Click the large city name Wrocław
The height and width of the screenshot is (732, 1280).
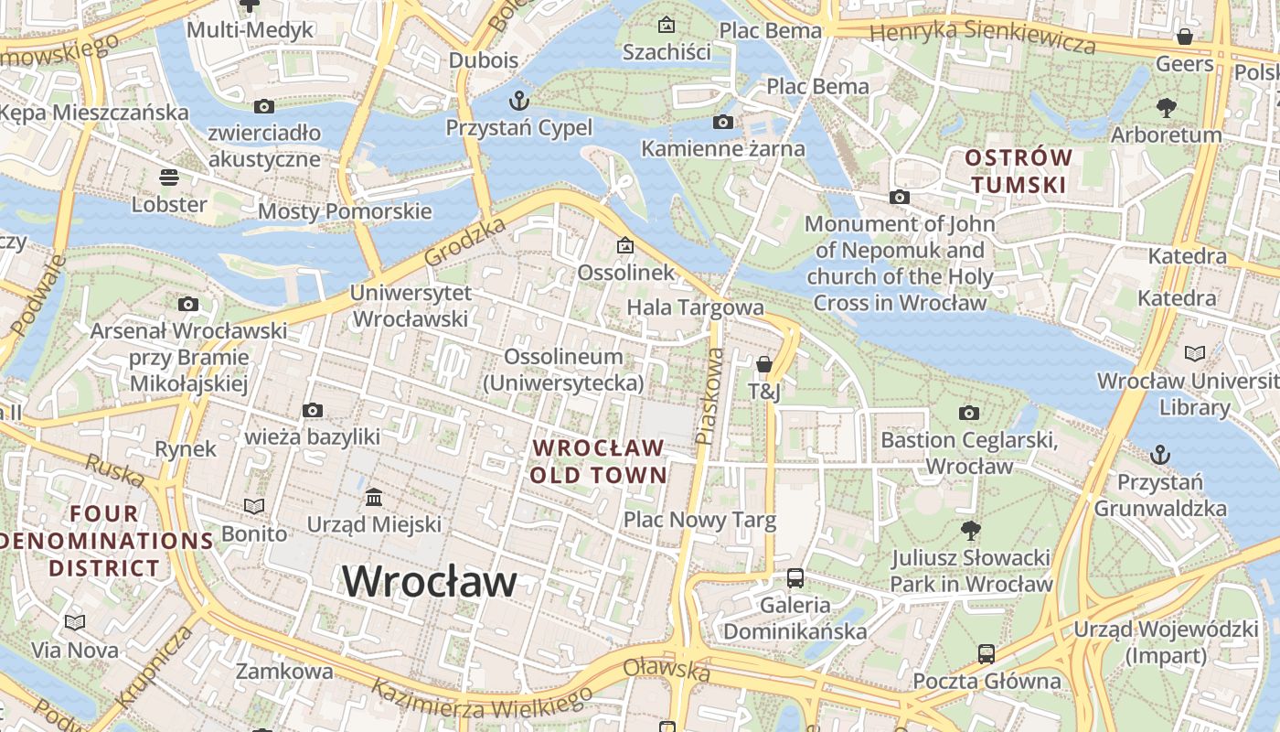click(x=430, y=581)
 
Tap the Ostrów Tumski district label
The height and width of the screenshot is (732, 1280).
click(x=1019, y=171)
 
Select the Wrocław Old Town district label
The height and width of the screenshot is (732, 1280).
click(x=599, y=461)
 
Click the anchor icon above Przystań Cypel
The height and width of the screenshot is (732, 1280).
click(x=518, y=99)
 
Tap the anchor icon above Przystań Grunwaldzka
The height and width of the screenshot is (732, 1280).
click(x=1159, y=454)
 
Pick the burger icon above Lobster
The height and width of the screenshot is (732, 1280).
click(x=169, y=177)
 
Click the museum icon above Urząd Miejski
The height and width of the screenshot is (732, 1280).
click(x=374, y=498)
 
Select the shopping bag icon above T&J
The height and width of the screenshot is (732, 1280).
click(x=764, y=365)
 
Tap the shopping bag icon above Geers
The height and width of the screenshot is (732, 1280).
click(x=1185, y=37)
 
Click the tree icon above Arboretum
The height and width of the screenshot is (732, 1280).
click(x=1166, y=108)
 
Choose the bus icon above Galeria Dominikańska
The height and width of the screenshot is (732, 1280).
click(x=795, y=578)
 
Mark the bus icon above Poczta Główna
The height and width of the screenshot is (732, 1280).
click(x=987, y=654)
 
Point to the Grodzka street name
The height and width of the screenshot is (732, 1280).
click(x=465, y=242)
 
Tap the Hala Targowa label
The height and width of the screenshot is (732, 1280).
click(x=695, y=307)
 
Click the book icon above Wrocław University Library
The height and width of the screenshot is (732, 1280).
click(x=1194, y=353)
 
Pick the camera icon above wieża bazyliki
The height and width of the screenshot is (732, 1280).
click(x=313, y=410)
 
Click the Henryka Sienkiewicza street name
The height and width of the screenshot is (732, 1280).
click(x=982, y=38)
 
